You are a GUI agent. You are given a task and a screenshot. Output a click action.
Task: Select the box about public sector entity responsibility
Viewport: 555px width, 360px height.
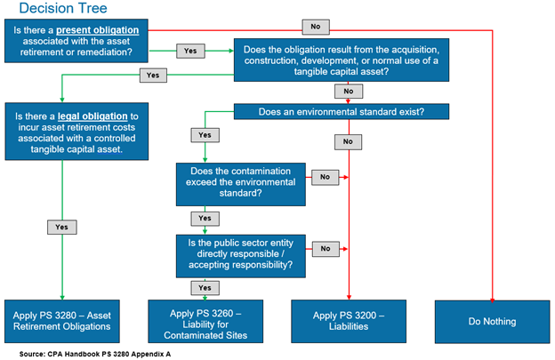pos(241,252)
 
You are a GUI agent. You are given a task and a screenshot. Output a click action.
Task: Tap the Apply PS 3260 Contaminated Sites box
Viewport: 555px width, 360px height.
pos(206,321)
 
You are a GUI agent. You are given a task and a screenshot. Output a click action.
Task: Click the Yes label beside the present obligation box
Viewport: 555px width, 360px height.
pos(190,51)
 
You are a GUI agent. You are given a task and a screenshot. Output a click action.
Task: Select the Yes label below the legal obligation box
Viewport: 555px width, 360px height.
pos(60,227)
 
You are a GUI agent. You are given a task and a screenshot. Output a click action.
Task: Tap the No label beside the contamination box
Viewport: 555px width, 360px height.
pos(326,177)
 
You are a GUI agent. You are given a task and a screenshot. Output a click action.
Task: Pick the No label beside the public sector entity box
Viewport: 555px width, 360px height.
pos(326,248)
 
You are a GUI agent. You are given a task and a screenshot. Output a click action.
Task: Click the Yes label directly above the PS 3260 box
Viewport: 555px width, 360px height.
pos(205,288)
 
